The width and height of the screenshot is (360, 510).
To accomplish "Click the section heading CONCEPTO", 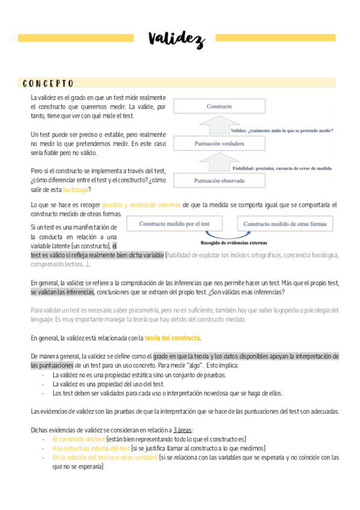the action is coord(48,83).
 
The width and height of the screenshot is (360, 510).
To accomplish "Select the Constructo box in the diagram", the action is coord(219,106).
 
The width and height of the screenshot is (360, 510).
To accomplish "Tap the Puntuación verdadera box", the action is coord(219,144).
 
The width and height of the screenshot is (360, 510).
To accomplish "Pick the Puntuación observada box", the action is coord(219,180).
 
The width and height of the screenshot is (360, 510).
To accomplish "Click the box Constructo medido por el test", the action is coord(174,224).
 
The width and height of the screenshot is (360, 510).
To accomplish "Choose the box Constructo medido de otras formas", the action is coord(285,224).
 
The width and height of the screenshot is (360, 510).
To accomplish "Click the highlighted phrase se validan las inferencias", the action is coord(63,292).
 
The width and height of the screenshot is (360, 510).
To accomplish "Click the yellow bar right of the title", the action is coord(275,37).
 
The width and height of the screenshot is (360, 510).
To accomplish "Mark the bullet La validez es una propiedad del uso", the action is coord(108,384).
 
